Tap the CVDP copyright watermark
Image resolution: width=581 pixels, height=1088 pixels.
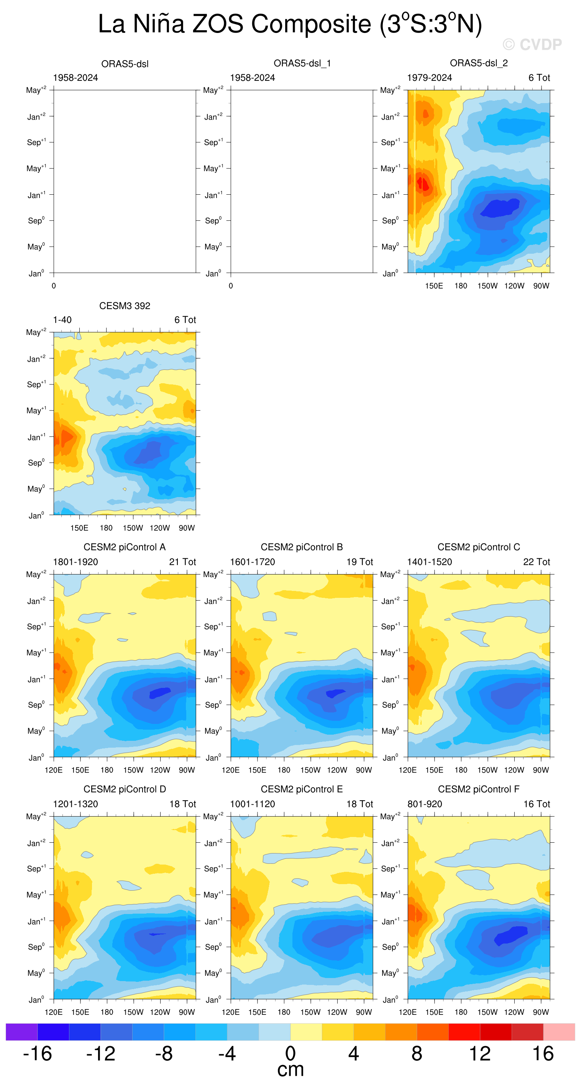532,44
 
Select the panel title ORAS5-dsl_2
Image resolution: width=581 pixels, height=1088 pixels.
479,63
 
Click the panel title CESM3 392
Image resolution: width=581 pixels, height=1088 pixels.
125,306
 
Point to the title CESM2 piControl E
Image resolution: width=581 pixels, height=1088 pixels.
302,789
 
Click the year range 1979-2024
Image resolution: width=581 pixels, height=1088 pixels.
429,78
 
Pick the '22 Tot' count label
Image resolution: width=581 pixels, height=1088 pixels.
537,562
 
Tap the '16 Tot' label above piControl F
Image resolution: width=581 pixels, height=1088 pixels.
537,804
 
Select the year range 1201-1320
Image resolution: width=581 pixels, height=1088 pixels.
75,804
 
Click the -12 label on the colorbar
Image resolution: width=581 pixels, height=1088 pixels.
100,1054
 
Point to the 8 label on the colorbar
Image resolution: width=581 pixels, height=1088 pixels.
417,1054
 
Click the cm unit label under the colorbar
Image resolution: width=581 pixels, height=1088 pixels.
290,1070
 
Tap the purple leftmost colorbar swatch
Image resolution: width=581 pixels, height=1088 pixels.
21,1032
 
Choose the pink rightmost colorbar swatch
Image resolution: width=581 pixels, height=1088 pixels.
559,1032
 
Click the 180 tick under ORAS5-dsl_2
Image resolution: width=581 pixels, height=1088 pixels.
461,286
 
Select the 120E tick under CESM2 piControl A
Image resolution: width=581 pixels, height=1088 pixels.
54,770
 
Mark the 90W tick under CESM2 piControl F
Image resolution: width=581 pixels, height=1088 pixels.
541,1012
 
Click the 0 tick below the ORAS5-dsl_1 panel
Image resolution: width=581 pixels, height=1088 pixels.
231,286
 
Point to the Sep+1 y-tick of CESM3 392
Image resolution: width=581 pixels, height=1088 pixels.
36,384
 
